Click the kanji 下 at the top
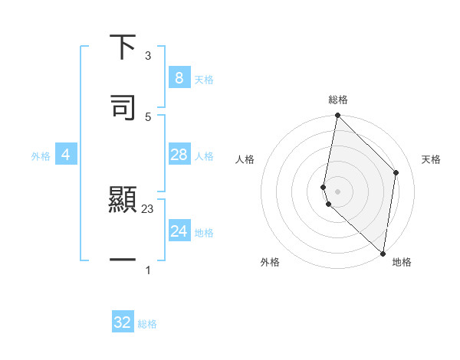click(123, 47)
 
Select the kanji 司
click(123, 106)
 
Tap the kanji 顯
click(123, 201)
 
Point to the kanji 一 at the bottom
click(123, 260)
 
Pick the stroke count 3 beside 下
click(148, 56)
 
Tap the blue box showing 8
click(179, 78)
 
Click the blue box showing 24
click(179, 231)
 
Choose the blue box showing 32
click(123, 322)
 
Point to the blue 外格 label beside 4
click(41, 156)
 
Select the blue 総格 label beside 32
click(147, 324)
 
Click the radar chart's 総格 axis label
click(338, 100)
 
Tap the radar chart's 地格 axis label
click(402, 263)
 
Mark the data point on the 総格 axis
click(337, 116)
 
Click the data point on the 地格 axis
click(383, 253)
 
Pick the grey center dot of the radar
click(337, 191)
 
